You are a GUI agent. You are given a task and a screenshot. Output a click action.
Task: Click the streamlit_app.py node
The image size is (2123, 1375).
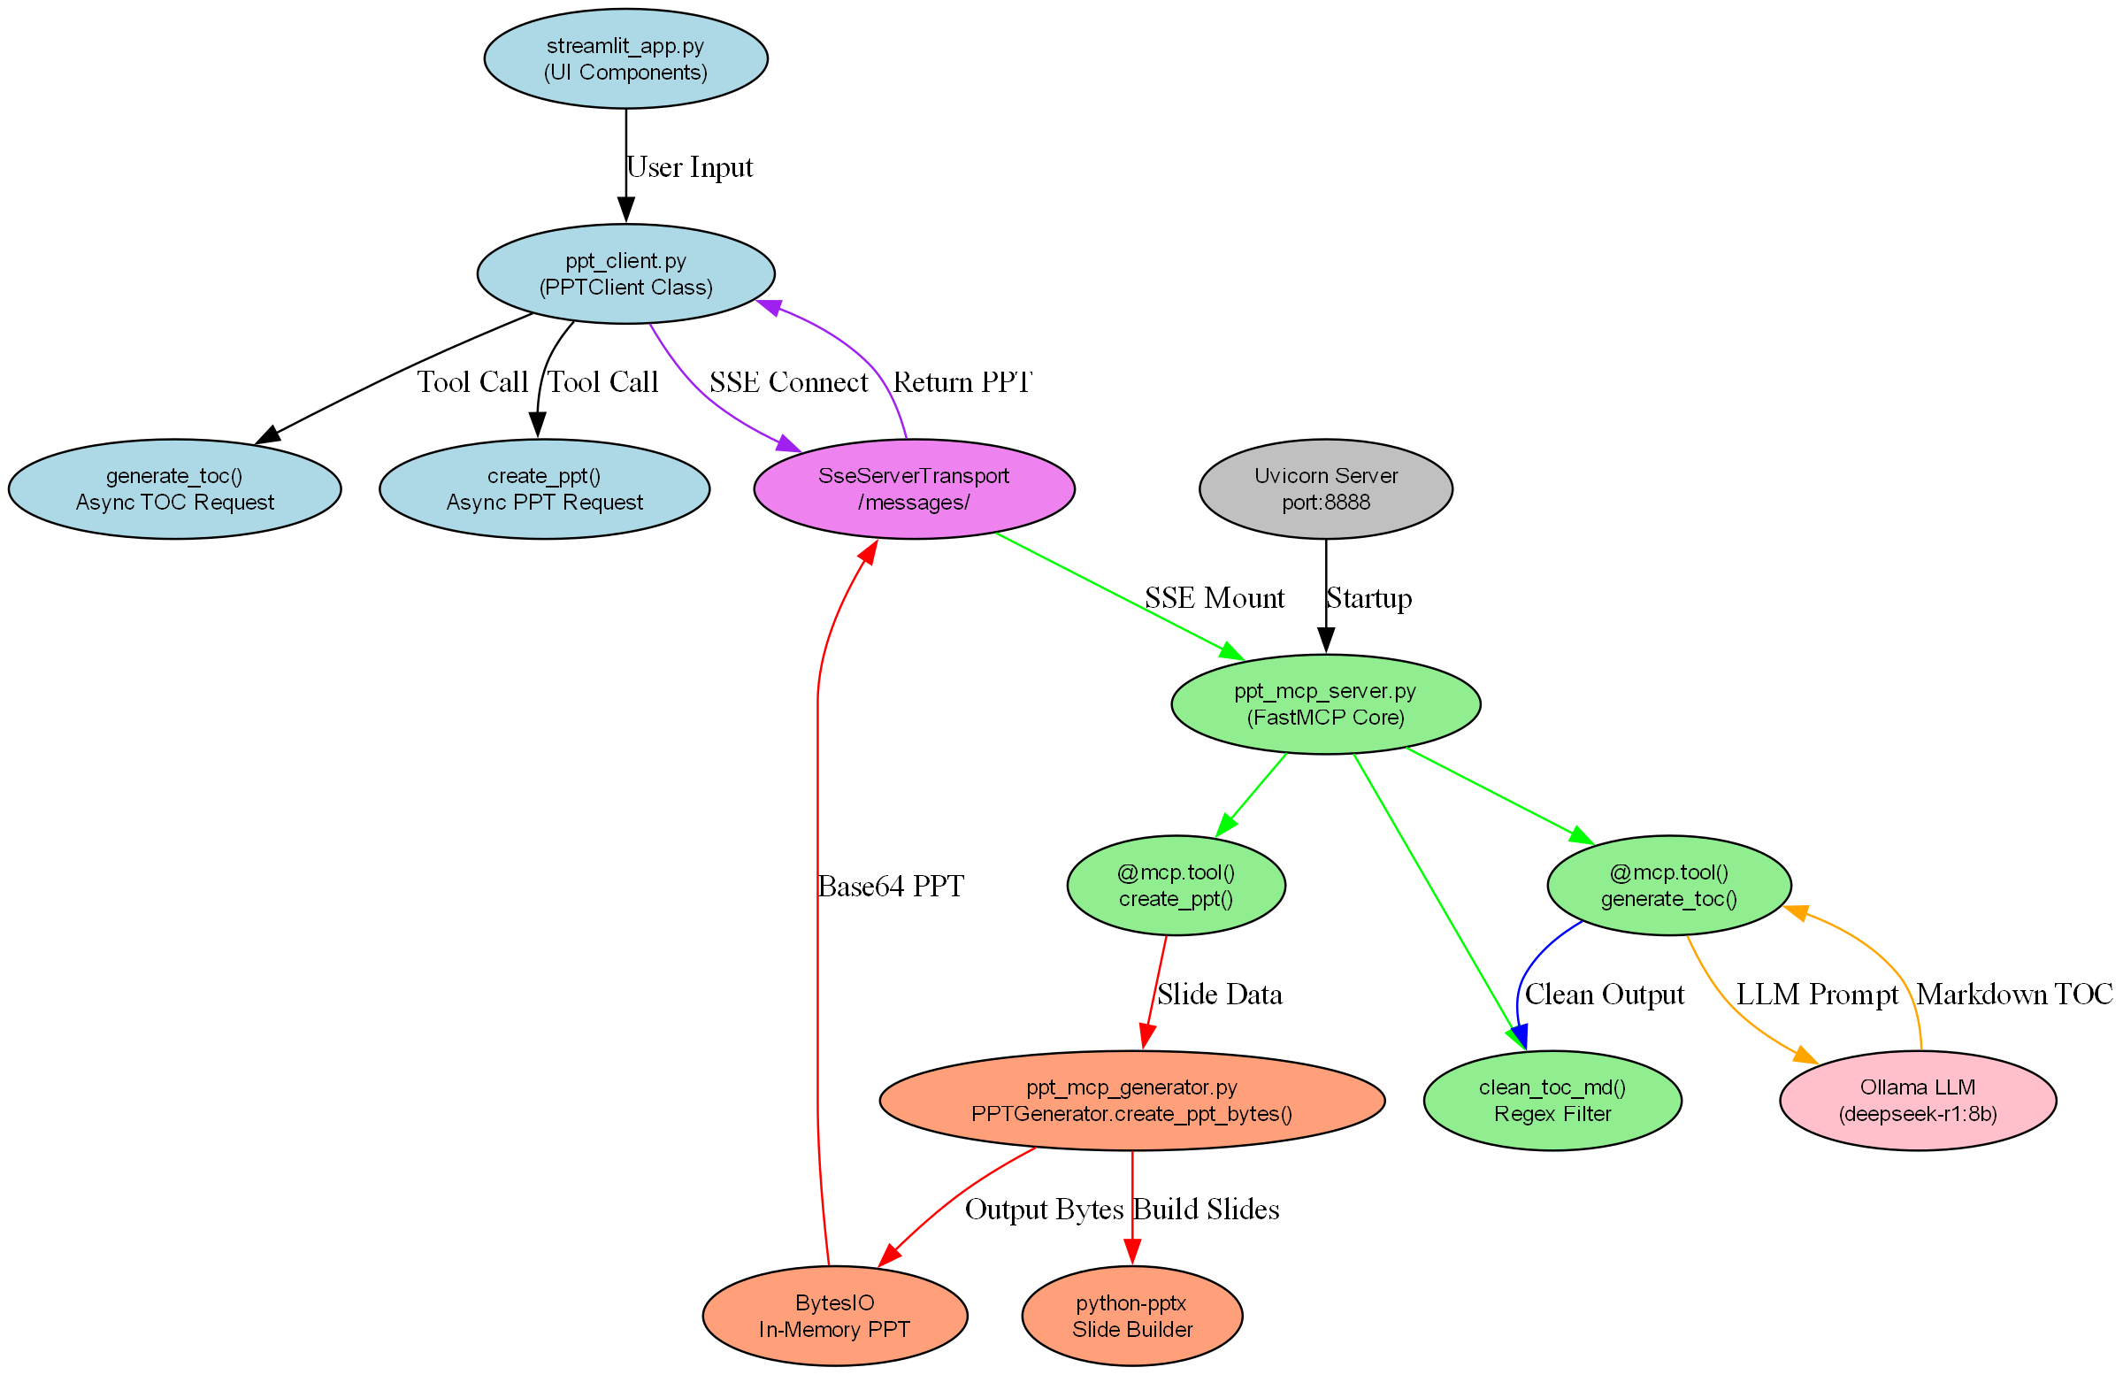click(625, 59)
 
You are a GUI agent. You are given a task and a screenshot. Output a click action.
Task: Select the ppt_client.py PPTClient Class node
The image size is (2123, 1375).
click(625, 274)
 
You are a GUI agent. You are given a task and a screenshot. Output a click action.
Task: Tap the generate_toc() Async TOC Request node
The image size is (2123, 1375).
click(175, 489)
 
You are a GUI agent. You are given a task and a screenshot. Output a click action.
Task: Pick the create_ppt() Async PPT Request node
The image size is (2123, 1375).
click(544, 489)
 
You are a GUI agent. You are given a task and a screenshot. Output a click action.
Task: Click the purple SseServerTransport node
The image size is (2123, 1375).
click(914, 489)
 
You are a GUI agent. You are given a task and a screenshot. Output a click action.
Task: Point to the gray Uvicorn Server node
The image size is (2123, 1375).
click(1325, 489)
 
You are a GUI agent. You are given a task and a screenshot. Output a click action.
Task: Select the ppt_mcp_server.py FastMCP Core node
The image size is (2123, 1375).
click(1325, 704)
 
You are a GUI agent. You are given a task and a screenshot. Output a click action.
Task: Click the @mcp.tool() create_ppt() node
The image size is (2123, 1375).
click(1176, 885)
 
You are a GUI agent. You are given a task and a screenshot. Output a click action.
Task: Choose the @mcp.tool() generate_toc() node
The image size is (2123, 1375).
click(1668, 885)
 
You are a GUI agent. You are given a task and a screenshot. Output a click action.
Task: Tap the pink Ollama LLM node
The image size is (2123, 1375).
click(1918, 1100)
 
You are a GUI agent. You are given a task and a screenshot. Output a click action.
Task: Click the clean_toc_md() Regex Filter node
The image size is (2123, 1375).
click(1552, 1100)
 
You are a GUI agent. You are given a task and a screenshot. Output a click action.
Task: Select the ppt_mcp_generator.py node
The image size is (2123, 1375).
click(1132, 1100)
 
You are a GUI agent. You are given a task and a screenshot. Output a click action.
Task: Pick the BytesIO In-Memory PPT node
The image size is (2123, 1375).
click(834, 1315)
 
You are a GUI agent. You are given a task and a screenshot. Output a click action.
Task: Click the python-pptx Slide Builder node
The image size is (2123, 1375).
click(1132, 1315)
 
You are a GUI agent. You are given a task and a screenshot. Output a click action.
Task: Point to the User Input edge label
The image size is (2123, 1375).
click(689, 168)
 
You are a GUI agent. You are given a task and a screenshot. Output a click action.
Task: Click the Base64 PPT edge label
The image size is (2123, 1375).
click(890, 886)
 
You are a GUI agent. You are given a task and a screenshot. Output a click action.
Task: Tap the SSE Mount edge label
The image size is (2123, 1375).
click(1214, 598)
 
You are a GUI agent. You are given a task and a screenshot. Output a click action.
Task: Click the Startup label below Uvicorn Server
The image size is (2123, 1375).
click(1368, 598)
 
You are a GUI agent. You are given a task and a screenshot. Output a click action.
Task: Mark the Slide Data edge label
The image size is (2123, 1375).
click(1219, 994)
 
